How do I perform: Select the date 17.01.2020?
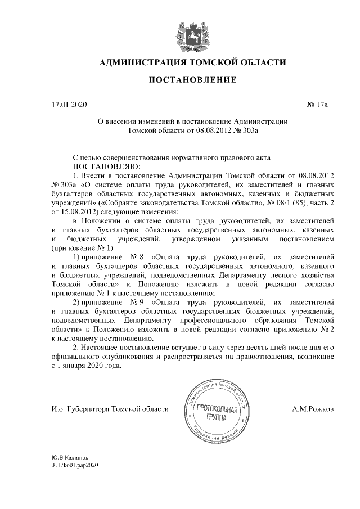coord(66,105)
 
